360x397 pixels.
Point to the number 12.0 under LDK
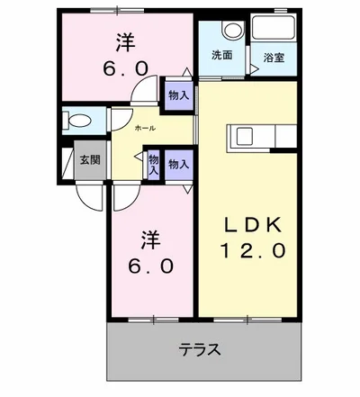click(x=253, y=248)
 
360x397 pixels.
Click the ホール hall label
click(x=144, y=129)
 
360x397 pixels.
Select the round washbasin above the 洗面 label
click(x=230, y=30)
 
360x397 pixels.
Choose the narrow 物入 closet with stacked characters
click(x=154, y=163)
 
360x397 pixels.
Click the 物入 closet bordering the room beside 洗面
click(x=178, y=94)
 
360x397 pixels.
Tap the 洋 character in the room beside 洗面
click(x=125, y=42)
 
